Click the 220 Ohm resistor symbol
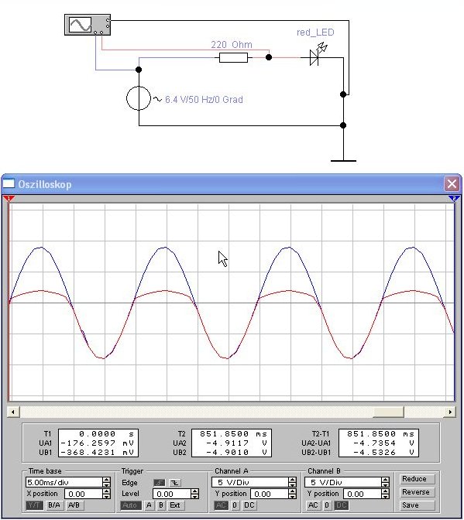[x=233, y=58]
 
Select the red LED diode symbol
[x=316, y=55]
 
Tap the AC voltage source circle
[x=139, y=98]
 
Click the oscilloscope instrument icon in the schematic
[x=88, y=25]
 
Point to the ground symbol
[x=343, y=160]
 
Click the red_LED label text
[x=315, y=32]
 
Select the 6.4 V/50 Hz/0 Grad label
[x=204, y=100]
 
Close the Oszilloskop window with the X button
[x=452, y=183]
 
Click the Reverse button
[x=416, y=492]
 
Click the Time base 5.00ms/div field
[x=64, y=482]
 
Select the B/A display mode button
[x=54, y=505]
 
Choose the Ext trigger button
[x=175, y=505]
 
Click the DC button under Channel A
[x=249, y=505]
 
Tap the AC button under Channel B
[x=313, y=505]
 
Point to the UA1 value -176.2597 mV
[x=98, y=443]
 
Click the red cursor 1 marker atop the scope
[x=9, y=198]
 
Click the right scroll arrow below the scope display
[x=450, y=412]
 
